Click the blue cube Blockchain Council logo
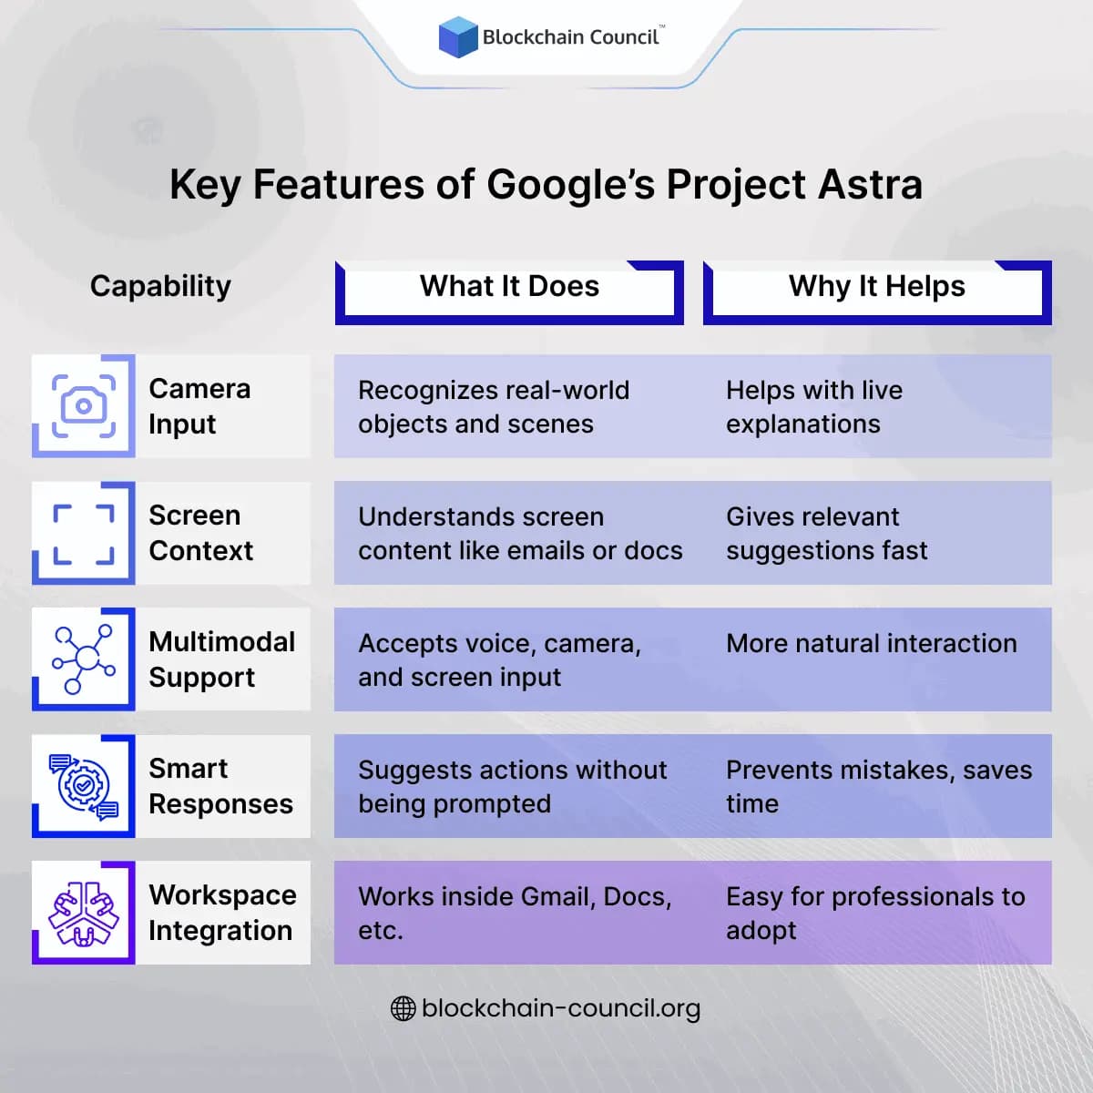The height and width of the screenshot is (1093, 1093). [x=458, y=37]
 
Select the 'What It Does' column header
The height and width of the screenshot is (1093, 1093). [x=509, y=287]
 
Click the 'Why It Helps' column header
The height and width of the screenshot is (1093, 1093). [x=876, y=287]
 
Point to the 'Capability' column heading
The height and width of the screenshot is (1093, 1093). [x=160, y=286]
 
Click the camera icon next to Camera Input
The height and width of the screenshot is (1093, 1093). [x=84, y=406]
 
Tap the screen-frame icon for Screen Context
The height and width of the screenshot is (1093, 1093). [x=84, y=533]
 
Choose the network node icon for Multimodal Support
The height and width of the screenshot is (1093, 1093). [x=84, y=659]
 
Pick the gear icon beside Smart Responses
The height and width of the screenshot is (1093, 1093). [x=84, y=786]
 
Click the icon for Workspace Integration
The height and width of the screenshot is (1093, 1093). [x=84, y=913]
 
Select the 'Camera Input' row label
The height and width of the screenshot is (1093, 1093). [x=199, y=406]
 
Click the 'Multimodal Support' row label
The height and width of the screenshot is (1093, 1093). [x=221, y=659]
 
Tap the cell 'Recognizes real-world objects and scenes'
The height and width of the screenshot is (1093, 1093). [x=494, y=407]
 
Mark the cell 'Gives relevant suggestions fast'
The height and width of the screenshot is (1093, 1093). [x=826, y=534]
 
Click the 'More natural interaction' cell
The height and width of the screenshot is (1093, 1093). [x=871, y=644]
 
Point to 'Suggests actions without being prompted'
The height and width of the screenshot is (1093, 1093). [x=512, y=787]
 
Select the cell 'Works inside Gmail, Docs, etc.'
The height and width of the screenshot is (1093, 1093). [x=515, y=913]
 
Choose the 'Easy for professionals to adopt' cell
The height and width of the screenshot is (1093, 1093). [x=874, y=913]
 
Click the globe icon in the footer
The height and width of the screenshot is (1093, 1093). [x=403, y=1008]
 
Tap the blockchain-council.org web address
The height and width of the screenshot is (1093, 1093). [x=561, y=1008]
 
